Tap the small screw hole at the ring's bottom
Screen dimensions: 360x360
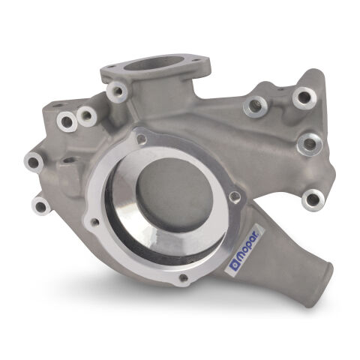click(x=184, y=280)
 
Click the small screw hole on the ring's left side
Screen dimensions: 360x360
click(x=94, y=222)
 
